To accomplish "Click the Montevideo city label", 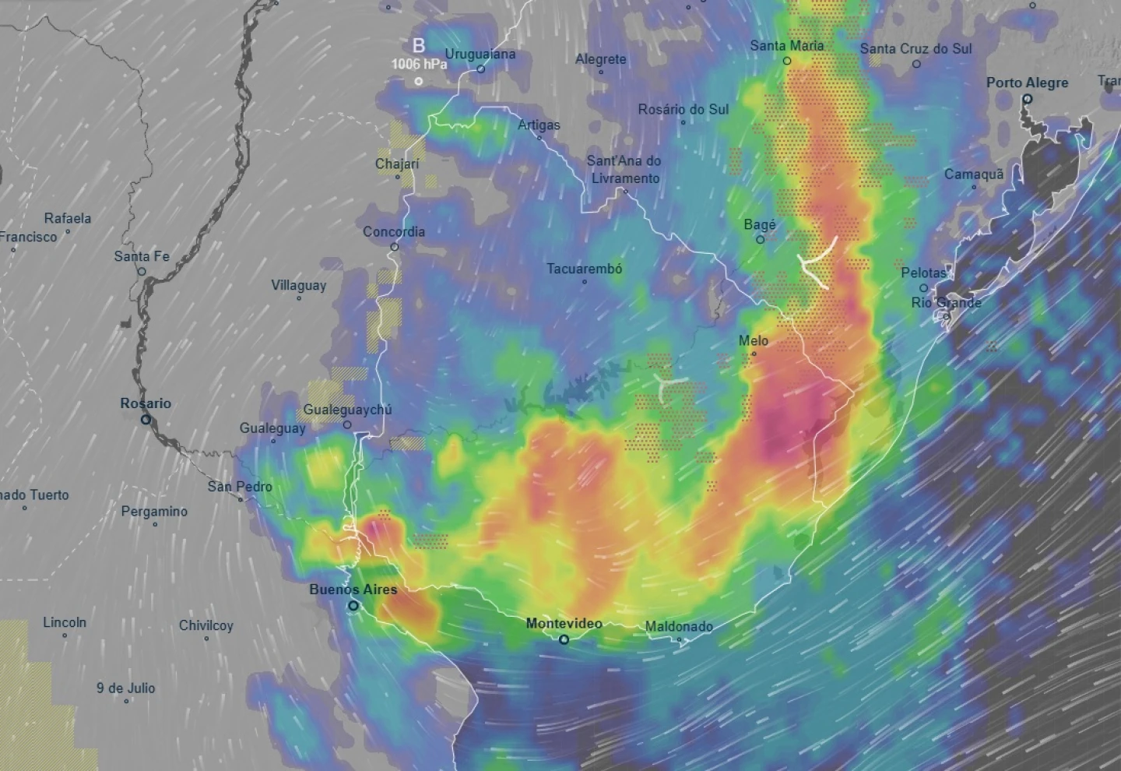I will pyautogui.click(x=564, y=623).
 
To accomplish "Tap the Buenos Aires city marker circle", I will pyautogui.click(x=353, y=605).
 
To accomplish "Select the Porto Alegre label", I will pyautogui.click(x=1027, y=83).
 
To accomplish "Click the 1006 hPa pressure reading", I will pyautogui.click(x=419, y=64).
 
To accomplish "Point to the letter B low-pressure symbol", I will pyautogui.click(x=419, y=46).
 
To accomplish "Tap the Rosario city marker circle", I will pyautogui.click(x=146, y=419).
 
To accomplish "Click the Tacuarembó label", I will pyautogui.click(x=584, y=269).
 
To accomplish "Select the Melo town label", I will pyautogui.click(x=753, y=340).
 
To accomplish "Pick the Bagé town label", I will pyautogui.click(x=760, y=225).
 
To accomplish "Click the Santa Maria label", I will pyautogui.click(x=786, y=46).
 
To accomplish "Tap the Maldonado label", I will pyautogui.click(x=679, y=626).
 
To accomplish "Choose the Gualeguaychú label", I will pyautogui.click(x=347, y=410).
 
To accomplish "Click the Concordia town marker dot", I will pyautogui.click(x=395, y=247).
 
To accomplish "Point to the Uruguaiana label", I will pyautogui.click(x=480, y=55).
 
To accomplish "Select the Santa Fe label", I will pyautogui.click(x=141, y=256).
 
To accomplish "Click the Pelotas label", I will pyautogui.click(x=923, y=273).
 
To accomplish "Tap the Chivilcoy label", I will pyautogui.click(x=206, y=625).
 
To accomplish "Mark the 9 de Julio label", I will pyautogui.click(x=125, y=688).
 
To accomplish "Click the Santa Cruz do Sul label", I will pyautogui.click(x=915, y=48).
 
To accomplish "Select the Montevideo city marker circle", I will pyautogui.click(x=564, y=639).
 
